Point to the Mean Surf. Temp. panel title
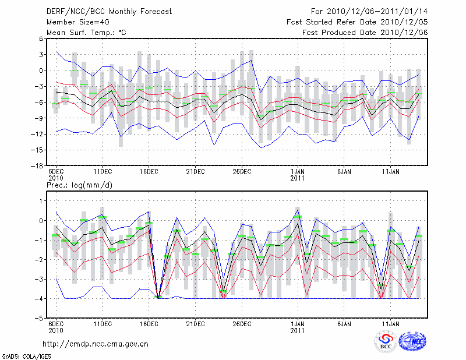(x=86, y=32)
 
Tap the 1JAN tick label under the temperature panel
(x=298, y=172)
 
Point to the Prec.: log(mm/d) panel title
(x=80, y=185)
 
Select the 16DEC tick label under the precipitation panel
(x=149, y=324)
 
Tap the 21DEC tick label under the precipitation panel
(x=195, y=324)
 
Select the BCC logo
(x=386, y=341)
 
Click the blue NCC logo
(x=412, y=341)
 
